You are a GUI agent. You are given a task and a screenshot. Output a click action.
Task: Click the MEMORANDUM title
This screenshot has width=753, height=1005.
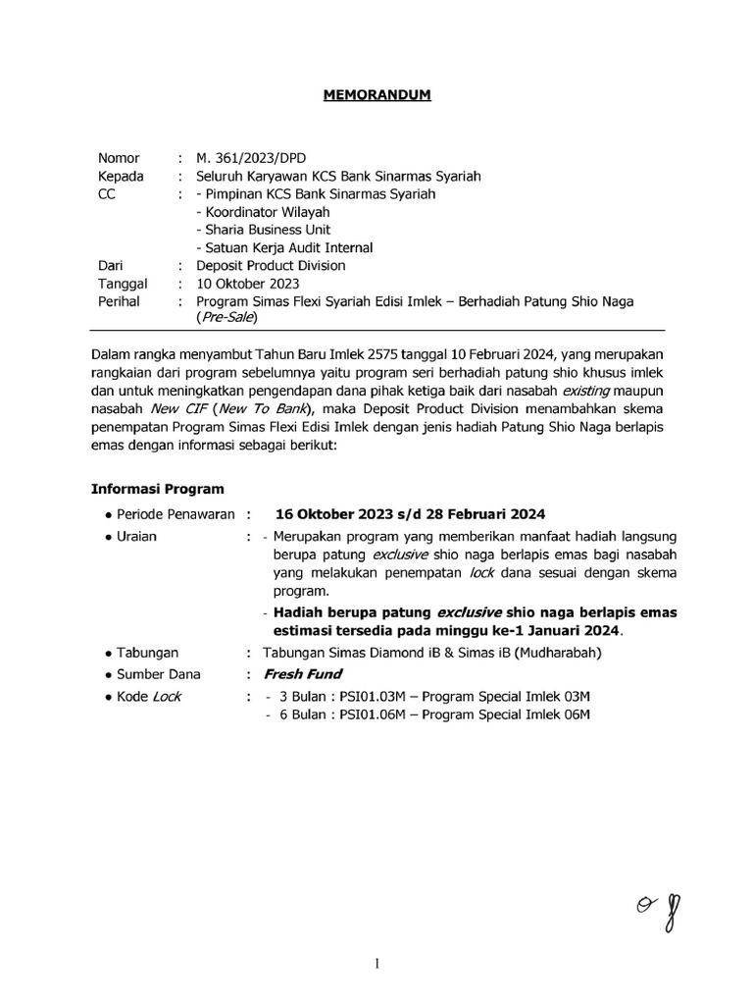click(377, 95)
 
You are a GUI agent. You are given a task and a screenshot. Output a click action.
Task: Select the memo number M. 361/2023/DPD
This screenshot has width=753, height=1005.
click(249, 158)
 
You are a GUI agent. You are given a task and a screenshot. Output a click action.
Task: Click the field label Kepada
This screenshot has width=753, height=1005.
click(121, 176)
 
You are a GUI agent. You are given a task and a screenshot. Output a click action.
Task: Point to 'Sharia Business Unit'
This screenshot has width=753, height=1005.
click(266, 230)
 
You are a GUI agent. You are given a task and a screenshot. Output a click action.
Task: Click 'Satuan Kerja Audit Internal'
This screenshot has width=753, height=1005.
click(284, 247)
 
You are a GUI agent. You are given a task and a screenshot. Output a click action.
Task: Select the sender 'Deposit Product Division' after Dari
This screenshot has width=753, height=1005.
click(271, 265)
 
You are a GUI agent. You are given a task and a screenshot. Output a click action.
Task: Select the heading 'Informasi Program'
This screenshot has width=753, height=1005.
click(157, 489)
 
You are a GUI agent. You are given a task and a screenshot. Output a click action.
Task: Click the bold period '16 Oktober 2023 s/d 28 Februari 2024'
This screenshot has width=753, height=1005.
click(410, 514)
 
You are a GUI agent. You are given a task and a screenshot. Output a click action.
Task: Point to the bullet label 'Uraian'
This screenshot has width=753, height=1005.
click(136, 537)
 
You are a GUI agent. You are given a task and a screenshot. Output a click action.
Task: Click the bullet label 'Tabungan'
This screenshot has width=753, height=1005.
click(148, 653)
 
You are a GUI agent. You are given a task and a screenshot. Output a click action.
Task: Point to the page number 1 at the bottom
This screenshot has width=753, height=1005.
click(377, 964)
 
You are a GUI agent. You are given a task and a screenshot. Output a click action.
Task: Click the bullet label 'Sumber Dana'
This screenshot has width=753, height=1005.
click(158, 674)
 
